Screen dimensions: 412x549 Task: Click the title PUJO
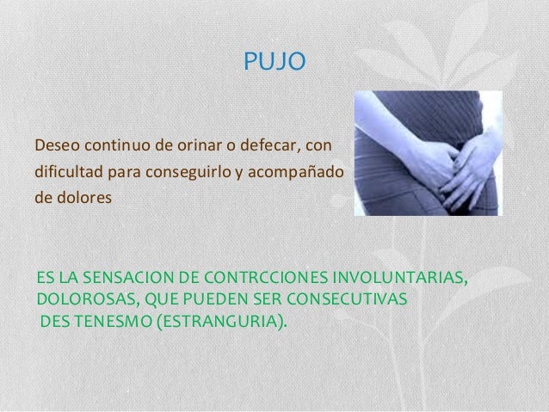tap(273, 62)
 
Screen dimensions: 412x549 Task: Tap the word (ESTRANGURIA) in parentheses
tap(225, 321)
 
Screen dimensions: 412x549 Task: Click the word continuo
tap(114, 141)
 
